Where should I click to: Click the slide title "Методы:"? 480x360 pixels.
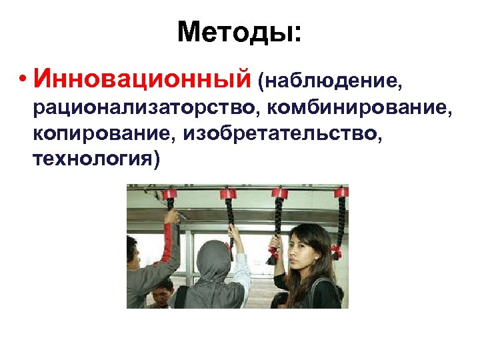239,31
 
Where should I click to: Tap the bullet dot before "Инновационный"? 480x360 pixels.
23,81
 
